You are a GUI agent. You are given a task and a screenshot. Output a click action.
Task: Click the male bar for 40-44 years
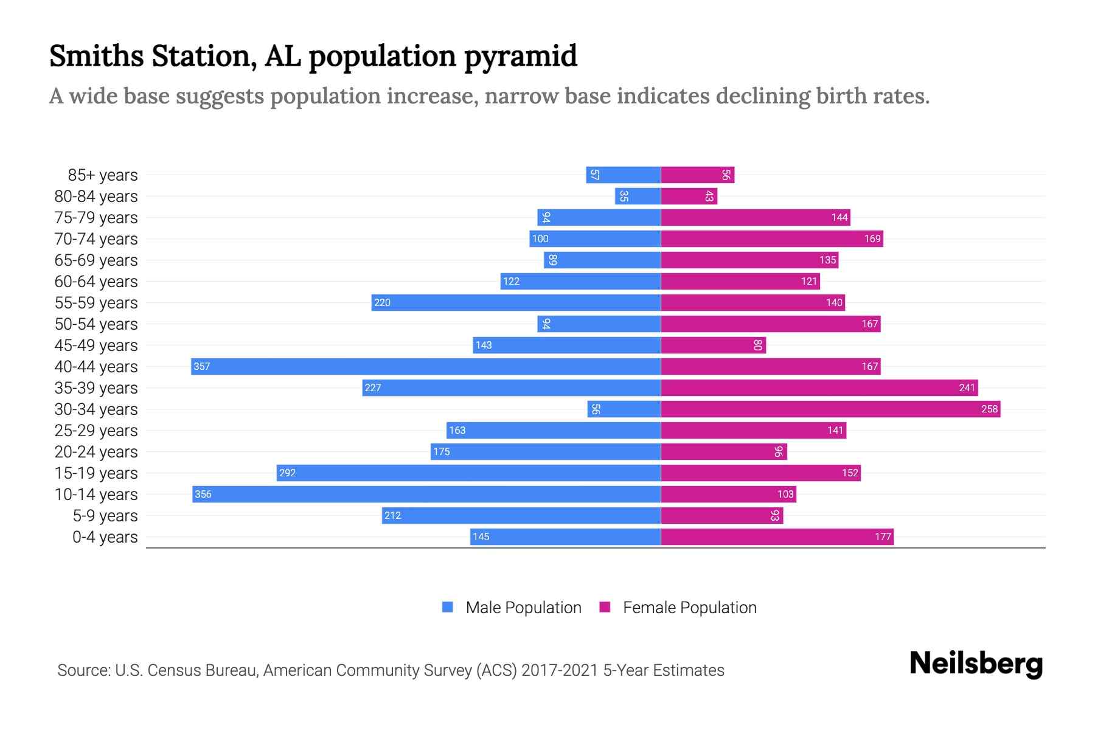pyautogui.click(x=426, y=366)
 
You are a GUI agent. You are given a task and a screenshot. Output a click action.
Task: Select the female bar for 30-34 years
pyautogui.click(x=830, y=409)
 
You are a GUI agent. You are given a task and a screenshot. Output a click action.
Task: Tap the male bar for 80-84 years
pyautogui.click(x=638, y=196)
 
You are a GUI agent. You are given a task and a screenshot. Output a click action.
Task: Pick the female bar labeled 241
pyautogui.click(x=819, y=388)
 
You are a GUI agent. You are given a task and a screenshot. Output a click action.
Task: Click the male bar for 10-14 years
pyautogui.click(x=426, y=494)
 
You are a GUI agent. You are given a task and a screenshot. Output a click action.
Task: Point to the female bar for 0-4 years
pyautogui.click(x=777, y=537)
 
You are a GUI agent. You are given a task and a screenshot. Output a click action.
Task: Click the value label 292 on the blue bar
pyautogui.click(x=287, y=473)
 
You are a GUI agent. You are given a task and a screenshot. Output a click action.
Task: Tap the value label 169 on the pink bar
pyautogui.click(x=872, y=238)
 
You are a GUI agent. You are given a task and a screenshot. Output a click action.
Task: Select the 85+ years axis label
pyautogui.click(x=102, y=175)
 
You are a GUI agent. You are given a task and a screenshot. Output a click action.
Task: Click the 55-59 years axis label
pyautogui.click(x=96, y=303)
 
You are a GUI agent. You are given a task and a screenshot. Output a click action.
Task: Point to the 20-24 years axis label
pyautogui.click(x=96, y=452)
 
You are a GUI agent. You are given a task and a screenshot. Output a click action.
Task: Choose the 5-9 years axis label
pyautogui.click(x=105, y=516)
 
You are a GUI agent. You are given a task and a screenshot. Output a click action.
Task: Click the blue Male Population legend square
pyautogui.click(x=448, y=607)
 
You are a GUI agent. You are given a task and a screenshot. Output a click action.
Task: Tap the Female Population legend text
pyautogui.click(x=689, y=607)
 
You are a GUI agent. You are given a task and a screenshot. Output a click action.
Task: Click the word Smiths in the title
pyautogui.click(x=96, y=55)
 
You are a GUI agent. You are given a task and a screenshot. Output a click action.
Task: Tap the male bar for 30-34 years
pyautogui.click(x=624, y=409)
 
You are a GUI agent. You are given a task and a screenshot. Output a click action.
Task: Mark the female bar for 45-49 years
pyautogui.click(x=713, y=345)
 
